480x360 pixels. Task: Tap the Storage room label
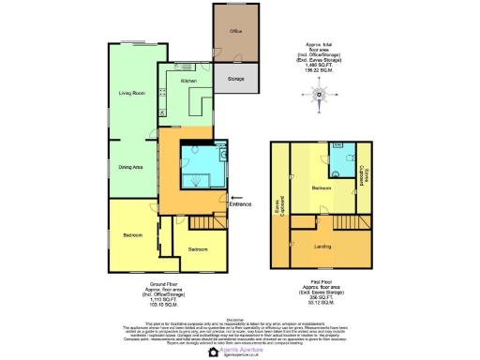click(236, 79)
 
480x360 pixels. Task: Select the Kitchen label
click(188, 82)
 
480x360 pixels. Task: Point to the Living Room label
click(130, 94)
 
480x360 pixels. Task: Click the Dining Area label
click(130, 167)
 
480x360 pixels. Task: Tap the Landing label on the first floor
click(322, 247)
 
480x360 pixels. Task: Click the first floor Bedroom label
click(322, 187)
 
